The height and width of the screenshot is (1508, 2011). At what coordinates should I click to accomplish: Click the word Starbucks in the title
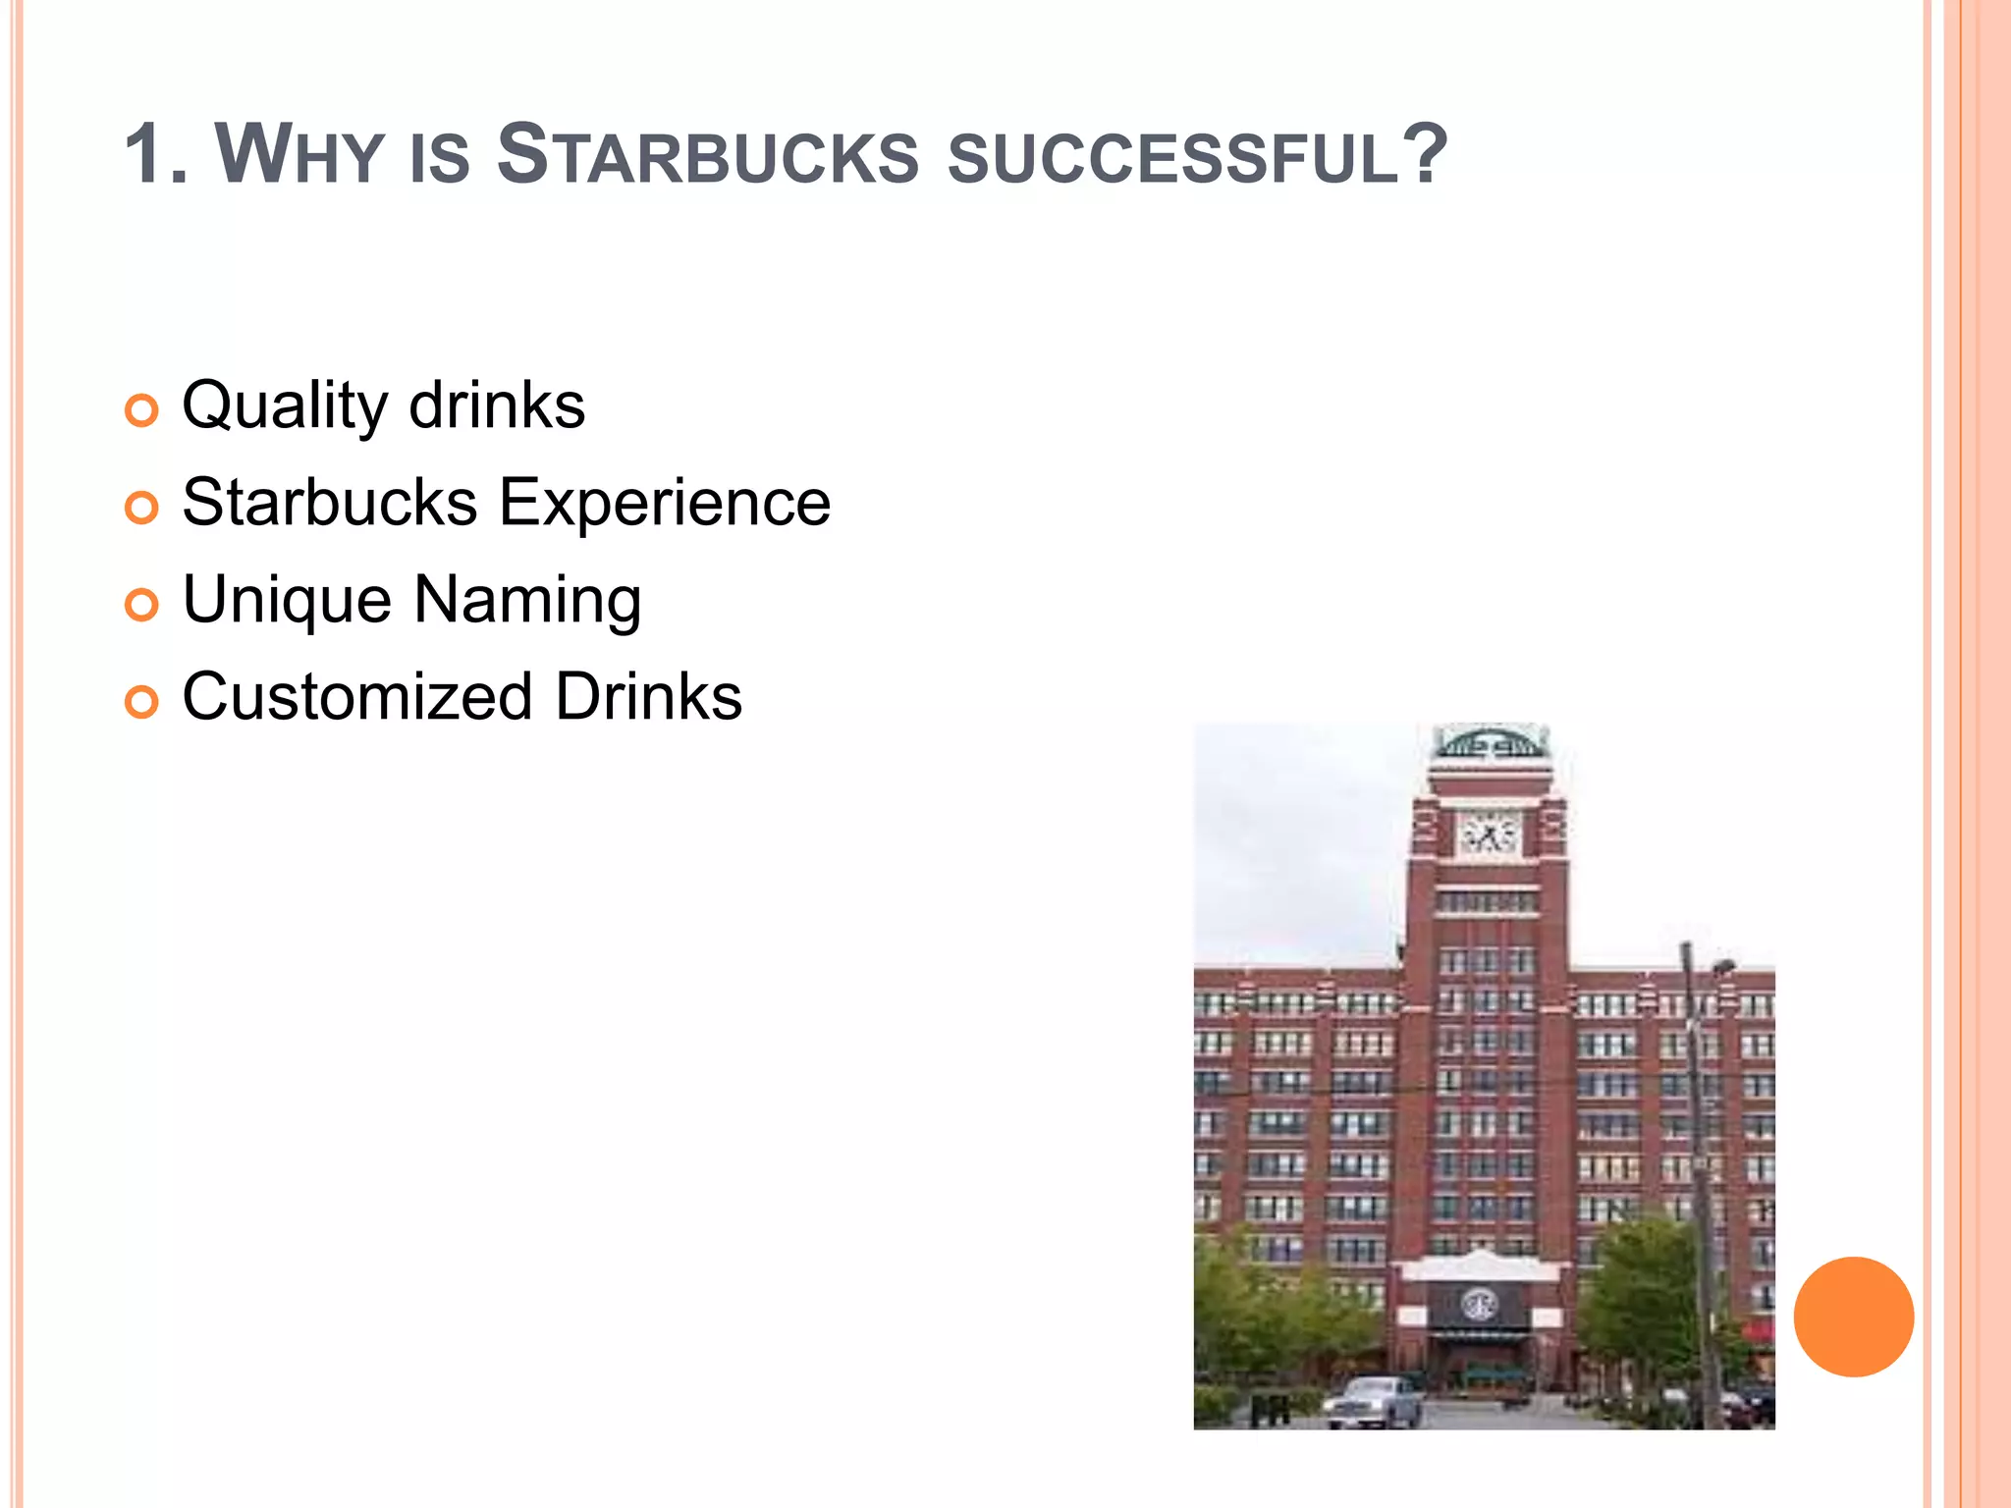coord(707,154)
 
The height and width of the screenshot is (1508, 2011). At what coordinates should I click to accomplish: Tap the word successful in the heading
coord(1173,157)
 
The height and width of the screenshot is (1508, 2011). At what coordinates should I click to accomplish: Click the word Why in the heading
coord(299,154)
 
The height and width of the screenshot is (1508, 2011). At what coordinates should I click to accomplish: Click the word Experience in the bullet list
coord(665,503)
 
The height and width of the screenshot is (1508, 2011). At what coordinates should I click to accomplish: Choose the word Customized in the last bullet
coord(357,697)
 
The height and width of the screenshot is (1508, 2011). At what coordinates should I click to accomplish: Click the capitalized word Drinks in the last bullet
coord(648,697)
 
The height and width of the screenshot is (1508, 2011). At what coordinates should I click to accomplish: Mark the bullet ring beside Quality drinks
coord(142,410)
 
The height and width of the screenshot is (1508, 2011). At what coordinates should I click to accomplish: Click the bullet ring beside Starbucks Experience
coord(142,508)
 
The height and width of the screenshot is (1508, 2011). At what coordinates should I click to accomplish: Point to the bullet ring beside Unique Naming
coord(142,605)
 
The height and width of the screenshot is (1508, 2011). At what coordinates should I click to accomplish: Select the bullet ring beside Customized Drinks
coord(142,702)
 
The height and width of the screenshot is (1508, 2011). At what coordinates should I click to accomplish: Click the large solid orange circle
coord(1853,1317)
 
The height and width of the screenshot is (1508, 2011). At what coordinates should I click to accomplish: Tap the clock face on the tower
coord(1488,835)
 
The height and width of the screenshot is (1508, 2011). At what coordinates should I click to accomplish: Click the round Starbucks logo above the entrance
coord(1478,1305)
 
